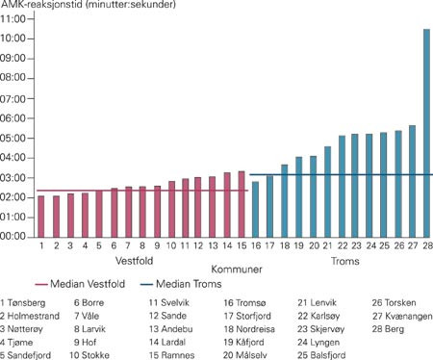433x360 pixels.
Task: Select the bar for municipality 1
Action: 41,216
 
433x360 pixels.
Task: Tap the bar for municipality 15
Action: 241,204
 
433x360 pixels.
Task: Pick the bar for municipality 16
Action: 255,209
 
